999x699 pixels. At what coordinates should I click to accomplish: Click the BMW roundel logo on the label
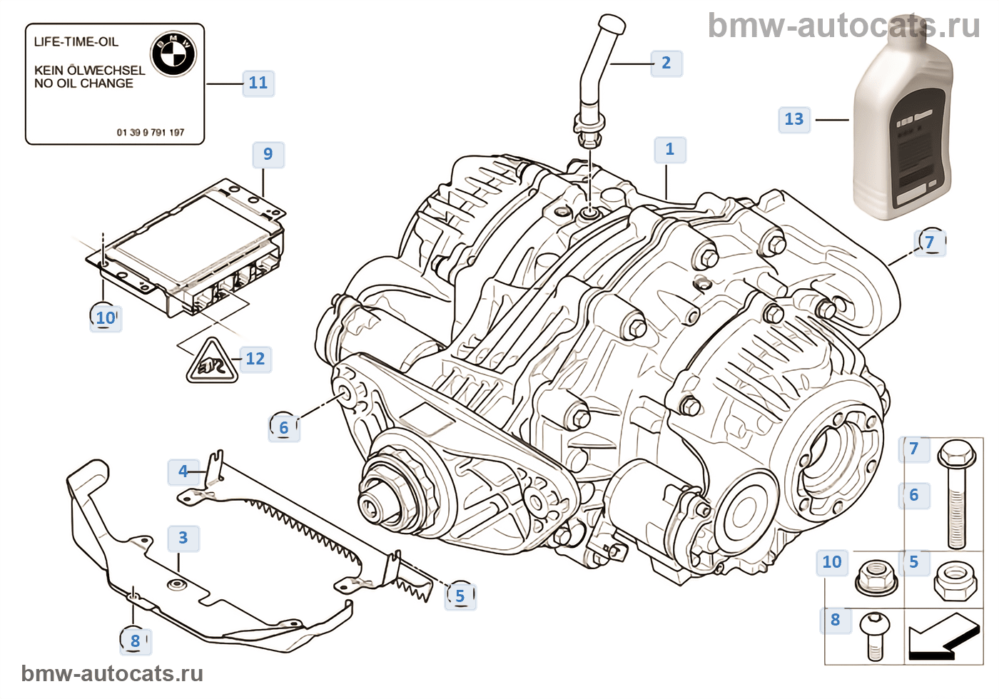pyautogui.click(x=173, y=53)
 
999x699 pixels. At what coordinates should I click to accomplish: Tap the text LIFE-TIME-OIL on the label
pyautogui.click(x=76, y=42)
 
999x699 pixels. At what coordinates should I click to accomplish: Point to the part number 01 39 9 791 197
pyautogui.click(x=150, y=133)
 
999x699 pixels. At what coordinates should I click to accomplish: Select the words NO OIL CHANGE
pyautogui.click(x=83, y=83)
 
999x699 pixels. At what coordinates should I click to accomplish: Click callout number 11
pyautogui.click(x=258, y=83)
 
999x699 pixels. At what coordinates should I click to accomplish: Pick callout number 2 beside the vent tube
pyautogui.click(x=666, y=63)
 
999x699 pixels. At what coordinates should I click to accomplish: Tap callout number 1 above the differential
pyautogui.click(x=669, y=149)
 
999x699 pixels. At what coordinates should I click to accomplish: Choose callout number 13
pyautogui.click(x=793, y=119)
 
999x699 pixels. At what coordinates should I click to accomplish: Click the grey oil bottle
pyautogui.click(x=903, y=136)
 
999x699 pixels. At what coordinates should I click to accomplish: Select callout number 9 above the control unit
pyautogui.click(x=268, y=154)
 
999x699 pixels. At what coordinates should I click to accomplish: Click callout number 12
pyautogui.click(x=255, y=358)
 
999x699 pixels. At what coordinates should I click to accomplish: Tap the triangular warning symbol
pyautogui.click(x=212, y=362)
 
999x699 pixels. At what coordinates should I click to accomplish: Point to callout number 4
pyautogui.click(x=183, y=471)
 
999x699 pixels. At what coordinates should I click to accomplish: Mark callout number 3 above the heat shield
pyautogui.click(x=183, y=538)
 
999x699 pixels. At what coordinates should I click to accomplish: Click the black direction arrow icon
pyautogui.click(x=942, y=637)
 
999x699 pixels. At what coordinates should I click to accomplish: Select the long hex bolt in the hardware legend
pyautogui.click(x=956, y=492)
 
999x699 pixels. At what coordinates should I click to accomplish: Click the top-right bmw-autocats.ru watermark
pyautogui.click(x=843, y=26)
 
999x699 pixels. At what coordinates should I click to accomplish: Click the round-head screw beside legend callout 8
pyautogui.click(x=873, y=635)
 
